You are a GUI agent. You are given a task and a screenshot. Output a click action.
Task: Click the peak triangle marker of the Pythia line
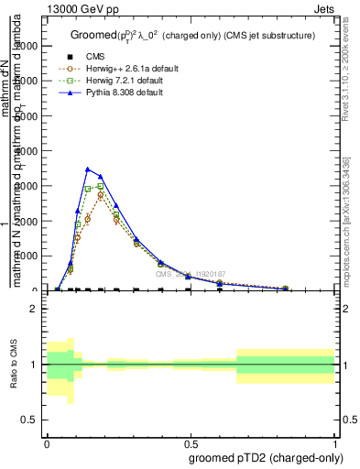coord(87,169)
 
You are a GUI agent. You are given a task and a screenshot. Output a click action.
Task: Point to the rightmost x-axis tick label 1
coord(334,442)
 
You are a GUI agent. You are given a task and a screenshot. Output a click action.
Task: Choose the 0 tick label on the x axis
coord(47,442)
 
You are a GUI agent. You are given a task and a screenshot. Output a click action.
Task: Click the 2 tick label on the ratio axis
coord(34,310)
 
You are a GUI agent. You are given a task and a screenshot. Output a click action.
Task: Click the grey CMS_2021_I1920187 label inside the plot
coord(189,274)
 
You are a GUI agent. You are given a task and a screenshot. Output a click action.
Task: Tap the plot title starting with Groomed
coord(192,36)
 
